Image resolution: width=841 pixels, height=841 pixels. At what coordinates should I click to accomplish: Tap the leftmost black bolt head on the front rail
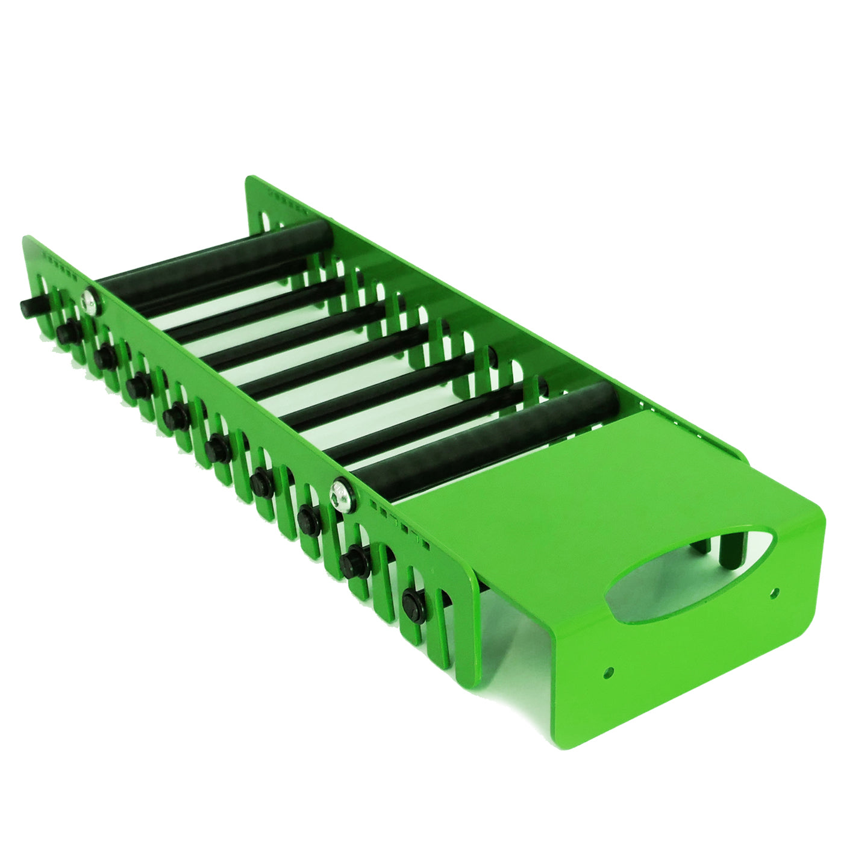pos(27,303)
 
